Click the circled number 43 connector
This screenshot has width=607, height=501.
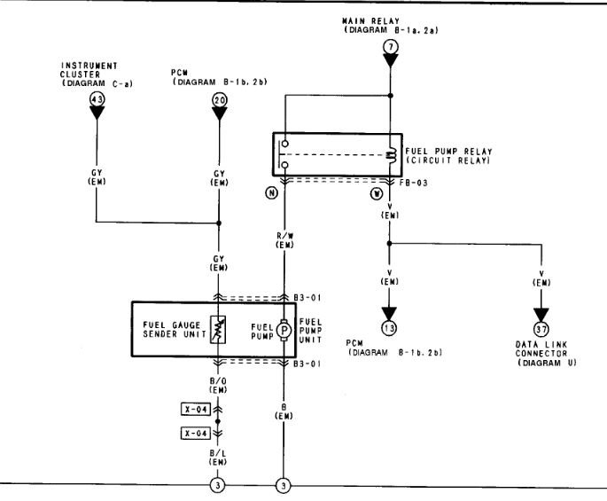click(97, 100)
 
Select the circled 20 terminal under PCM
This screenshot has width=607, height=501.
click(219, 100)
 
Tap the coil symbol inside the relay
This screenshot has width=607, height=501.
click(391, 155)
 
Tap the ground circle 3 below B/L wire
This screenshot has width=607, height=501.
click(218, 487)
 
